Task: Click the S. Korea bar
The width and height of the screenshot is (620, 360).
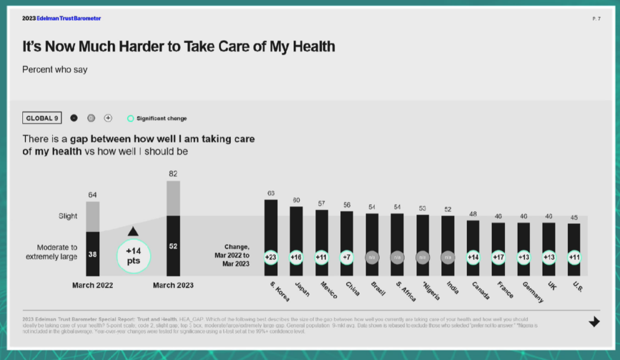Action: pyautogui.click(x=271, y=230)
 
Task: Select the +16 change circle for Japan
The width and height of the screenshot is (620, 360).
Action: pyautogui.click(x=296, y=257)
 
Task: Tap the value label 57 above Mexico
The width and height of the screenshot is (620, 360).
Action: pyautogui.click(x=322, y=203)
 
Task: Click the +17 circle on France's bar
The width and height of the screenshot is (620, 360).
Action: pyautogui.click(x=498, y=257)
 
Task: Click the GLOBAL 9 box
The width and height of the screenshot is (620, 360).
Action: pyautogui.click(x=41, y=118)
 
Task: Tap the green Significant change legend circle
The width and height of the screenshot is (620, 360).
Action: pyautogui.click(x=130, y=119)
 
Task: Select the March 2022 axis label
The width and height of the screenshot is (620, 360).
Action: pyautogui.click(x=93, y=285)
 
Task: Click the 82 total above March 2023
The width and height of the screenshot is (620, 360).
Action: pyautogui.click(x=173, y=174)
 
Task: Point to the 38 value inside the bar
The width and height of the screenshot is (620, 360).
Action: pyautogui.click(x=93, y=254)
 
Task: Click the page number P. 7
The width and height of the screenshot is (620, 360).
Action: pyautogui.click(x=596, y=19)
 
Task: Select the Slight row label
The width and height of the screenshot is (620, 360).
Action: pyautogui.click(x=68, y=216)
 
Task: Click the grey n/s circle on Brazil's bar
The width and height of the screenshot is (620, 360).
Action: pyautogui.click(x=372, y=257)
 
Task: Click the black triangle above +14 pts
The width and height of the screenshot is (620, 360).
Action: pyautogui.click(x=133, y=231)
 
